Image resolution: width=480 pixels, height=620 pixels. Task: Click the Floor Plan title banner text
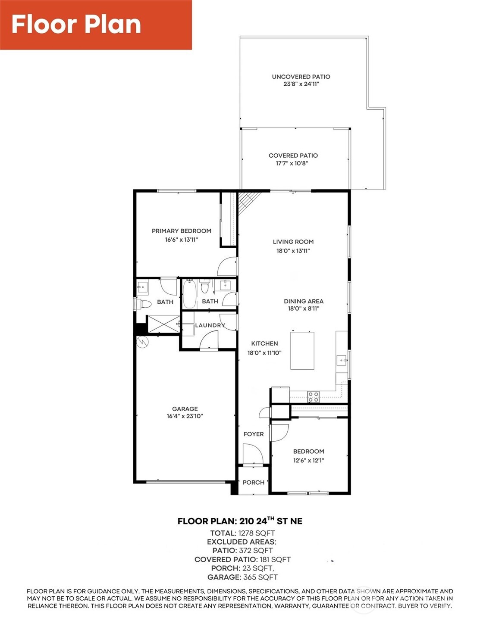click(76, 25)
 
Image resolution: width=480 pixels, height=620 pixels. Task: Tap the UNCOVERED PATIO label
click(301, 77)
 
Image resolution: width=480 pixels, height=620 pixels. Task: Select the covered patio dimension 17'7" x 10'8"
click(292, 163)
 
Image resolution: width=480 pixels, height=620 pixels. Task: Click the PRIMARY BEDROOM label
click(181, 231)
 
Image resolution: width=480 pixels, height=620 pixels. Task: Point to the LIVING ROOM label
click(293, 242)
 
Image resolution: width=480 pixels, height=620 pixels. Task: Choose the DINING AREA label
click(304, 301)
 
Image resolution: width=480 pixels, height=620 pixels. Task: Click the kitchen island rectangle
click(302, 350)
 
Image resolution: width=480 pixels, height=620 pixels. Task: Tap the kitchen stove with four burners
click(314, 397)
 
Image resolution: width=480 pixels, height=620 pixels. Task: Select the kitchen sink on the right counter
click(342, 359)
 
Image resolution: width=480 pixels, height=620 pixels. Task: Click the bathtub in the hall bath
click(189, 294)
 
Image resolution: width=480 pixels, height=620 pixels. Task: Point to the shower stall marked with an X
click(163, 324)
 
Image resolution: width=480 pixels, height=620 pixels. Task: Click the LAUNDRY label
click(210, 325)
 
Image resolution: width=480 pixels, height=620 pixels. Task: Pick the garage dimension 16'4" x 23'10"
click(185, 416)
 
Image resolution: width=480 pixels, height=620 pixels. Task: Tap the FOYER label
click(254, 434)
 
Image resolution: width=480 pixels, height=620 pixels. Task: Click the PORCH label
click(254, 482)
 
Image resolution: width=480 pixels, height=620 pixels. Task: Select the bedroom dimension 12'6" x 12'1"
click(308, 460)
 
